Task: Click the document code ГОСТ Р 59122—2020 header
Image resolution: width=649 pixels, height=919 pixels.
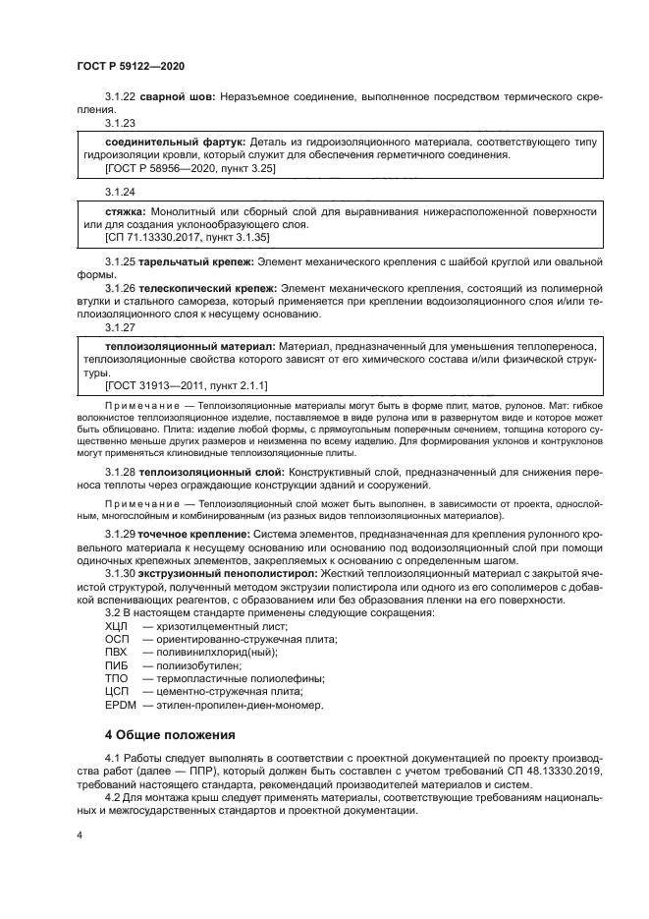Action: [x=130, y=65]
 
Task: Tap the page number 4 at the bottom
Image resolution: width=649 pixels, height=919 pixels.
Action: [x=80, y=833]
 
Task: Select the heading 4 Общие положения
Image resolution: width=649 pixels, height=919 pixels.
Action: [x=170, y=734]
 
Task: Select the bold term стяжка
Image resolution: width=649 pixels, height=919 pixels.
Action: [x=125, y=211]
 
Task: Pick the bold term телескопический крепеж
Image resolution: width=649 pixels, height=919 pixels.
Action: [x=191, y=286]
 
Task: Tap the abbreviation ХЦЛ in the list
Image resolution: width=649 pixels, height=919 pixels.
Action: [x=117, y=625]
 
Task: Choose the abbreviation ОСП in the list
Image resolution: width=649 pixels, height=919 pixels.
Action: [x=117, y=639]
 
